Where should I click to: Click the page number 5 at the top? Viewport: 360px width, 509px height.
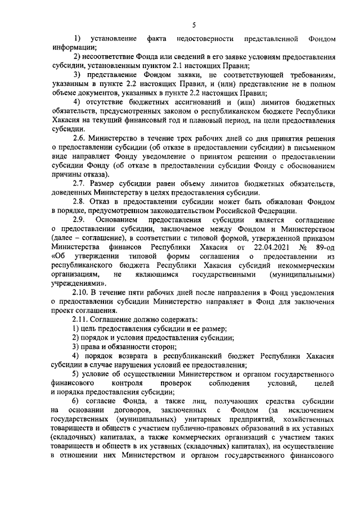pos(193,25)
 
